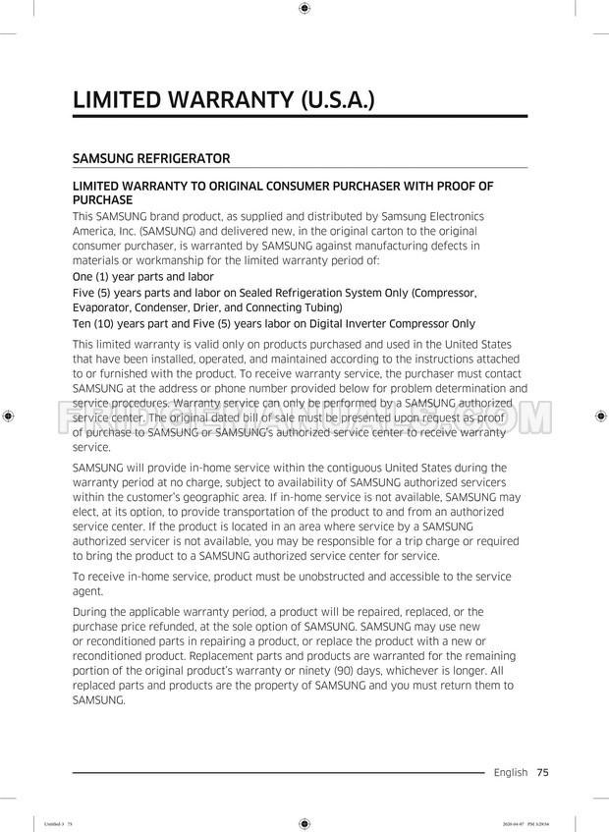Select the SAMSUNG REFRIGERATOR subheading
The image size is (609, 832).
coord(151,158)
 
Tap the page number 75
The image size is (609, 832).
coord(542,772)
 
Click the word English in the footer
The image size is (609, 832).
coord(510,772)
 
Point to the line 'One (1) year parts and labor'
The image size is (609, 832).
coord(142,277)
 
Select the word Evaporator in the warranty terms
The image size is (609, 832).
coord(104,307)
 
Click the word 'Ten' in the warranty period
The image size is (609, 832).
coord(84,323)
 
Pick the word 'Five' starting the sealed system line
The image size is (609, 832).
coord(86,293)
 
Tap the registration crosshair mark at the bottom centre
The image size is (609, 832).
coord(304,823)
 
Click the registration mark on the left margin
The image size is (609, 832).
coord(8,416)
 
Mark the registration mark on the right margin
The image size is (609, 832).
coord(600,416)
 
